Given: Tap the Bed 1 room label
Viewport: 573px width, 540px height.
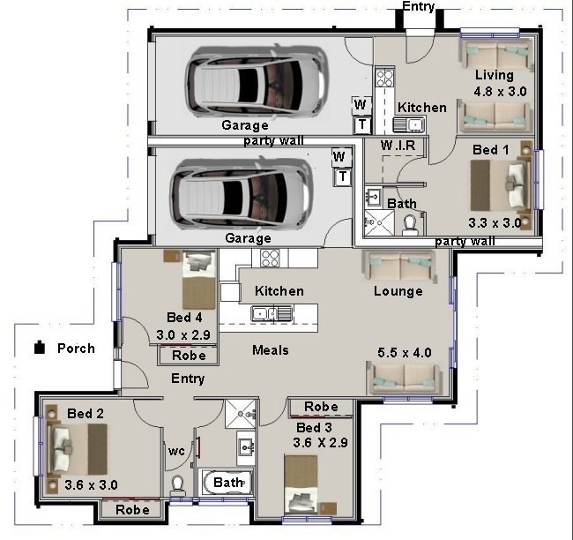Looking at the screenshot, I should (491, 151).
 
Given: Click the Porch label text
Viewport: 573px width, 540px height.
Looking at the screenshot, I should (76, 349).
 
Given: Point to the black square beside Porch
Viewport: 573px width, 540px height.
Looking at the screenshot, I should (40, 348).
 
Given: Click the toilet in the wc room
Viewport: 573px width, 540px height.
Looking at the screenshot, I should (177, 484).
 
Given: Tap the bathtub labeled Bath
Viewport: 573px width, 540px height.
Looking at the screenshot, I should (227, 483).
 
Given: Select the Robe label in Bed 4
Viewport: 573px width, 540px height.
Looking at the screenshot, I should (190, 356).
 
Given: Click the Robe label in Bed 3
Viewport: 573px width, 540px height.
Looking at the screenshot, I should (320, 407).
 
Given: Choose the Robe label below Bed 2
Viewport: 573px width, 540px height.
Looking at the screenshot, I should (132, 509).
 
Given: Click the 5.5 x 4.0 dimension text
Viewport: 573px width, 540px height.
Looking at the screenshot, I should (405, 353).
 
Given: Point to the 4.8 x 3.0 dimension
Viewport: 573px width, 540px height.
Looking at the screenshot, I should (500, 91).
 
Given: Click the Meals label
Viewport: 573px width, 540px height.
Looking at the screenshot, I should (271, 350).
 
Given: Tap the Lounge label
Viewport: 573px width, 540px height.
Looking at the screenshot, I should (398, 291).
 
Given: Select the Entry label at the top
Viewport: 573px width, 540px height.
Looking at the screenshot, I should (418, 7).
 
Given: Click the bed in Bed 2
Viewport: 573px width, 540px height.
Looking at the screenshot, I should (79, 446).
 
